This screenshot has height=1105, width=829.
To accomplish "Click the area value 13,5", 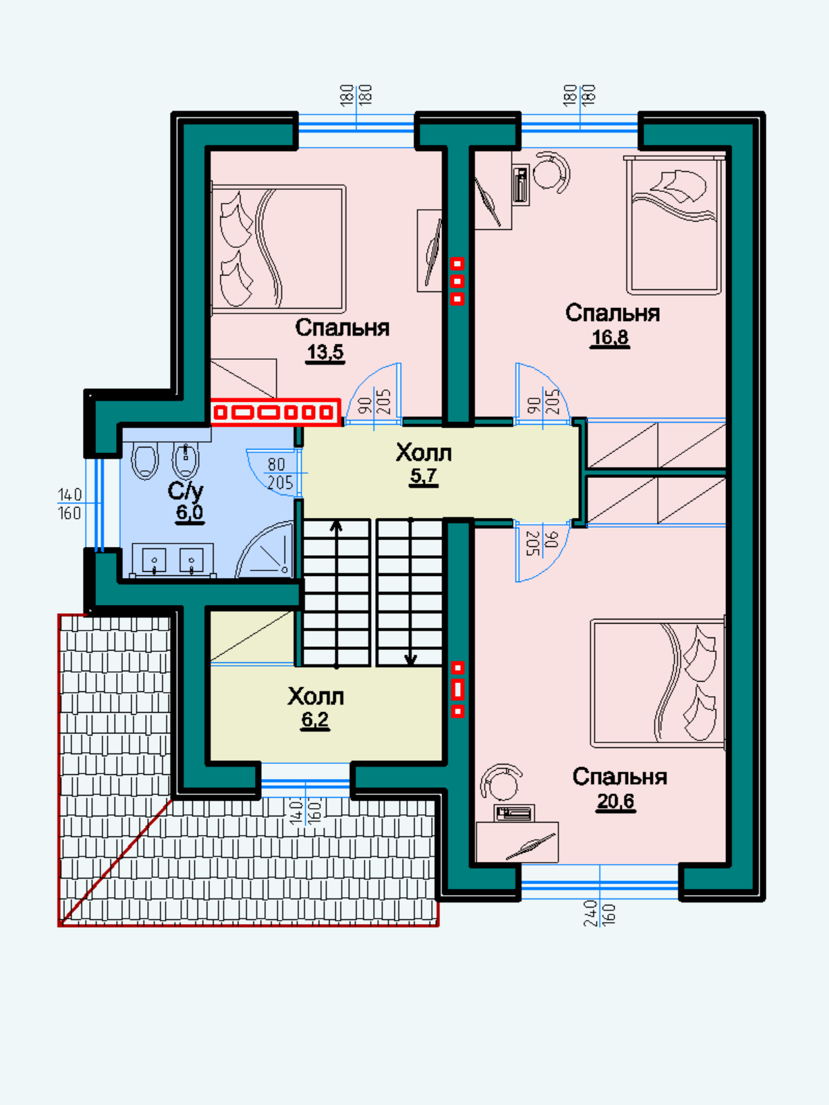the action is pos(325,352).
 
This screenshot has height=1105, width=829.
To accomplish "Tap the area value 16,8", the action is pos(609,337).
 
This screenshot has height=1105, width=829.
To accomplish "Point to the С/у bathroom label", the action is pos(185,491).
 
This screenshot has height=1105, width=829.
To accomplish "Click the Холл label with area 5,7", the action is pos(423,452).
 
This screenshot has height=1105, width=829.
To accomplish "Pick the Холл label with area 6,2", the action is pos(316,697).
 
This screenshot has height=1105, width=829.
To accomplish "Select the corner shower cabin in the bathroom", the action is pos(265,550).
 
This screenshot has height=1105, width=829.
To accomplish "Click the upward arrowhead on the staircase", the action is pos(336,526).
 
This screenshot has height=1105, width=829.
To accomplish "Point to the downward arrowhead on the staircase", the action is pos(411,659).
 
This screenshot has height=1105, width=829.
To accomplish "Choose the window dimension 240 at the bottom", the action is pos(591,914).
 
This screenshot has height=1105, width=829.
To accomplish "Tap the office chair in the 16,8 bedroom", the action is pos(551,172).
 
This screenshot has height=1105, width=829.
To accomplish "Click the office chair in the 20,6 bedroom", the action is pos(502,783).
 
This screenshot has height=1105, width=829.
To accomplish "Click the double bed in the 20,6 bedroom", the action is pos(658,683).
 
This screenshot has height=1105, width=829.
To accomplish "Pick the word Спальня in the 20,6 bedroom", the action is pos(620,777).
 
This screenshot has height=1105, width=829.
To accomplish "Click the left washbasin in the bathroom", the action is pos(154,560).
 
